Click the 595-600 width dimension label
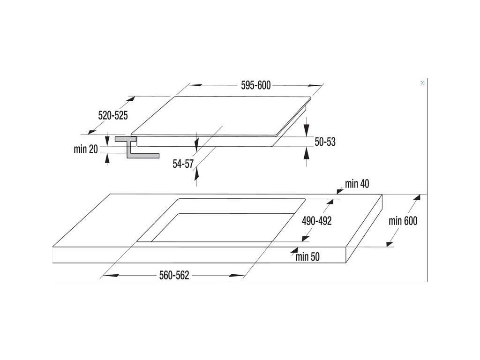point(256,85)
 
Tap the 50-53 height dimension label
point(325,142)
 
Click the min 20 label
point(86,150)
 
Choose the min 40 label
point(357,184)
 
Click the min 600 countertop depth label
point(403,221)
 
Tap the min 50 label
point(307,256)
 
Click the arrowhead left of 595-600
point(194,86)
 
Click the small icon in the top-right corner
point(423,82)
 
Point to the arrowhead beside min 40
point(339,190)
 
